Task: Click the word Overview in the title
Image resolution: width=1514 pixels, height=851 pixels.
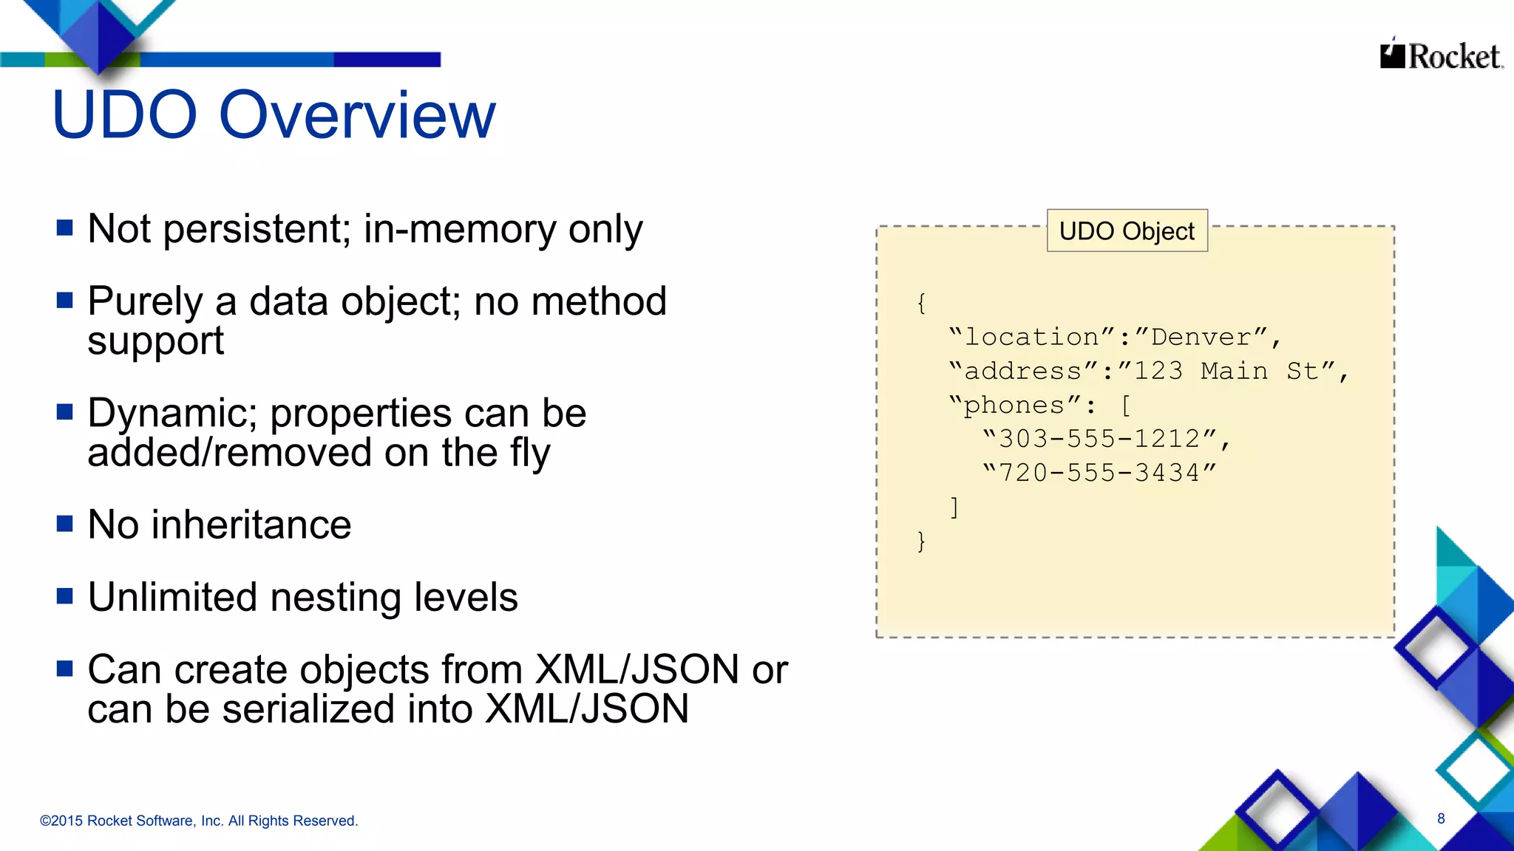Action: (x=358, y=115)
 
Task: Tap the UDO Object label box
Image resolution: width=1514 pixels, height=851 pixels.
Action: (x=1127, y=231)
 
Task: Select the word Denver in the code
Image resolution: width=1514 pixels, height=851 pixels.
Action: (x=1201, y=337)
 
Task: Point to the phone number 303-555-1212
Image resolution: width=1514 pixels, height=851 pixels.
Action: (x=1100, y=439)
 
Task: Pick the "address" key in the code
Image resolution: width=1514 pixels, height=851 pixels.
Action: (x=1023, y=371)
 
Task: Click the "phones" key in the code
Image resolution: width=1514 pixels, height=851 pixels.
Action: (x=1014, y=405)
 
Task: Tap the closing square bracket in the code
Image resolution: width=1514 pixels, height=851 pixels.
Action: (x=954, y=507)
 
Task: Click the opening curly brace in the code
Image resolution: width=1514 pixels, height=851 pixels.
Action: (x=921, y=303)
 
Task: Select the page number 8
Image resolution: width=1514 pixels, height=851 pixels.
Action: (x=1441, y=818)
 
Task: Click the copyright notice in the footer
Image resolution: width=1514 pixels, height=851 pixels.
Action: (x=198, y=821)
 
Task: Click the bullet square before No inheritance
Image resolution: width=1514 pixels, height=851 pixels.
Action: (x=65, y=524)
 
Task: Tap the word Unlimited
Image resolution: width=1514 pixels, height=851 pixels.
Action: (x=172, y=597)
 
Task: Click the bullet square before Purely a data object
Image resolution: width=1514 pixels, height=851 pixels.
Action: (x=65, y=300)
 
